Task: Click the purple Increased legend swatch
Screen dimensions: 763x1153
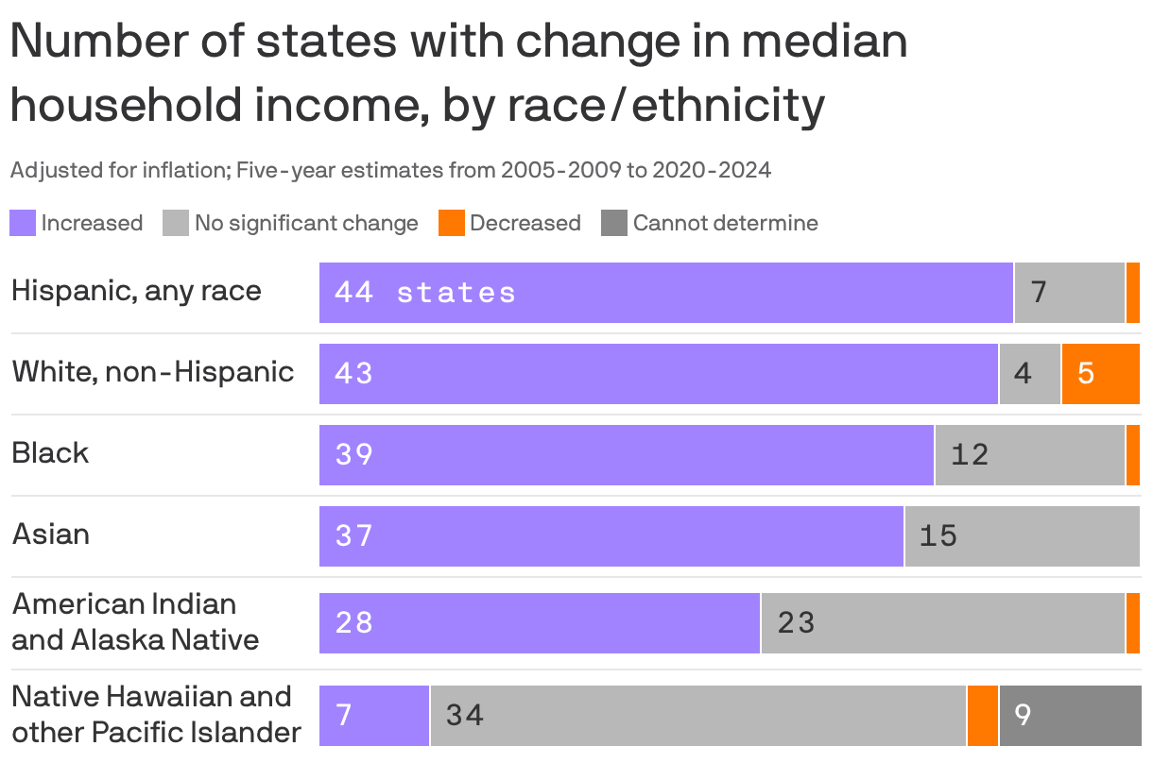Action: [x=22, y=223]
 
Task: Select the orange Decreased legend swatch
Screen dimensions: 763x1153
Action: [x=452, y=223]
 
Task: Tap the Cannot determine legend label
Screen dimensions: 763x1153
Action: [x=725, y=223]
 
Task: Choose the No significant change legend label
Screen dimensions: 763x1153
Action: [x=306, y=223]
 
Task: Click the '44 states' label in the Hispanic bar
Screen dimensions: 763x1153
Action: [x=425, y=293]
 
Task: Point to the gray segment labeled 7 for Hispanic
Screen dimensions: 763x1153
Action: [x=1069, y=293]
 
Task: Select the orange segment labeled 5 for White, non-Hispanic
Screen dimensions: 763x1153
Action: [x=1100, y=374]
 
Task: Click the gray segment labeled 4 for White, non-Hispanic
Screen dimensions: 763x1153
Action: [x=1029, y=374]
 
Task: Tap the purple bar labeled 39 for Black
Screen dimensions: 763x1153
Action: [x=627, y=455]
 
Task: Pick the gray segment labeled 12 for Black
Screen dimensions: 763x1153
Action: [x=1029, y=455]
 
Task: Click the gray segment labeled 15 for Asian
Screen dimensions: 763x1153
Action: [x=1022, y=536]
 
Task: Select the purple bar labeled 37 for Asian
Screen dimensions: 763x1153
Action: [x=611, y=536]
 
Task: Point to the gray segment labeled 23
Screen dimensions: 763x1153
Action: [x=942, y=623]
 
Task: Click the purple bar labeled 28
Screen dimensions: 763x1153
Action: [x=540, y=623]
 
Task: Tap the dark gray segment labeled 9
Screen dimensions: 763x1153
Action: [x=1070, y=715]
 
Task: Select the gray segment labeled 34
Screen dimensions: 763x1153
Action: [x=697, y=715]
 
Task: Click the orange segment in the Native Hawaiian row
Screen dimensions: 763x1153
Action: [x=983, y=715]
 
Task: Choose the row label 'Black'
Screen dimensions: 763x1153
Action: [x=50, y=453]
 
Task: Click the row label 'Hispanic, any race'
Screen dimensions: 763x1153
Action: [x=136, y=291]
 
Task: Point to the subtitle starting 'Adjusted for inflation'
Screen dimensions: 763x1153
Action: [x=390, y=170]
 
